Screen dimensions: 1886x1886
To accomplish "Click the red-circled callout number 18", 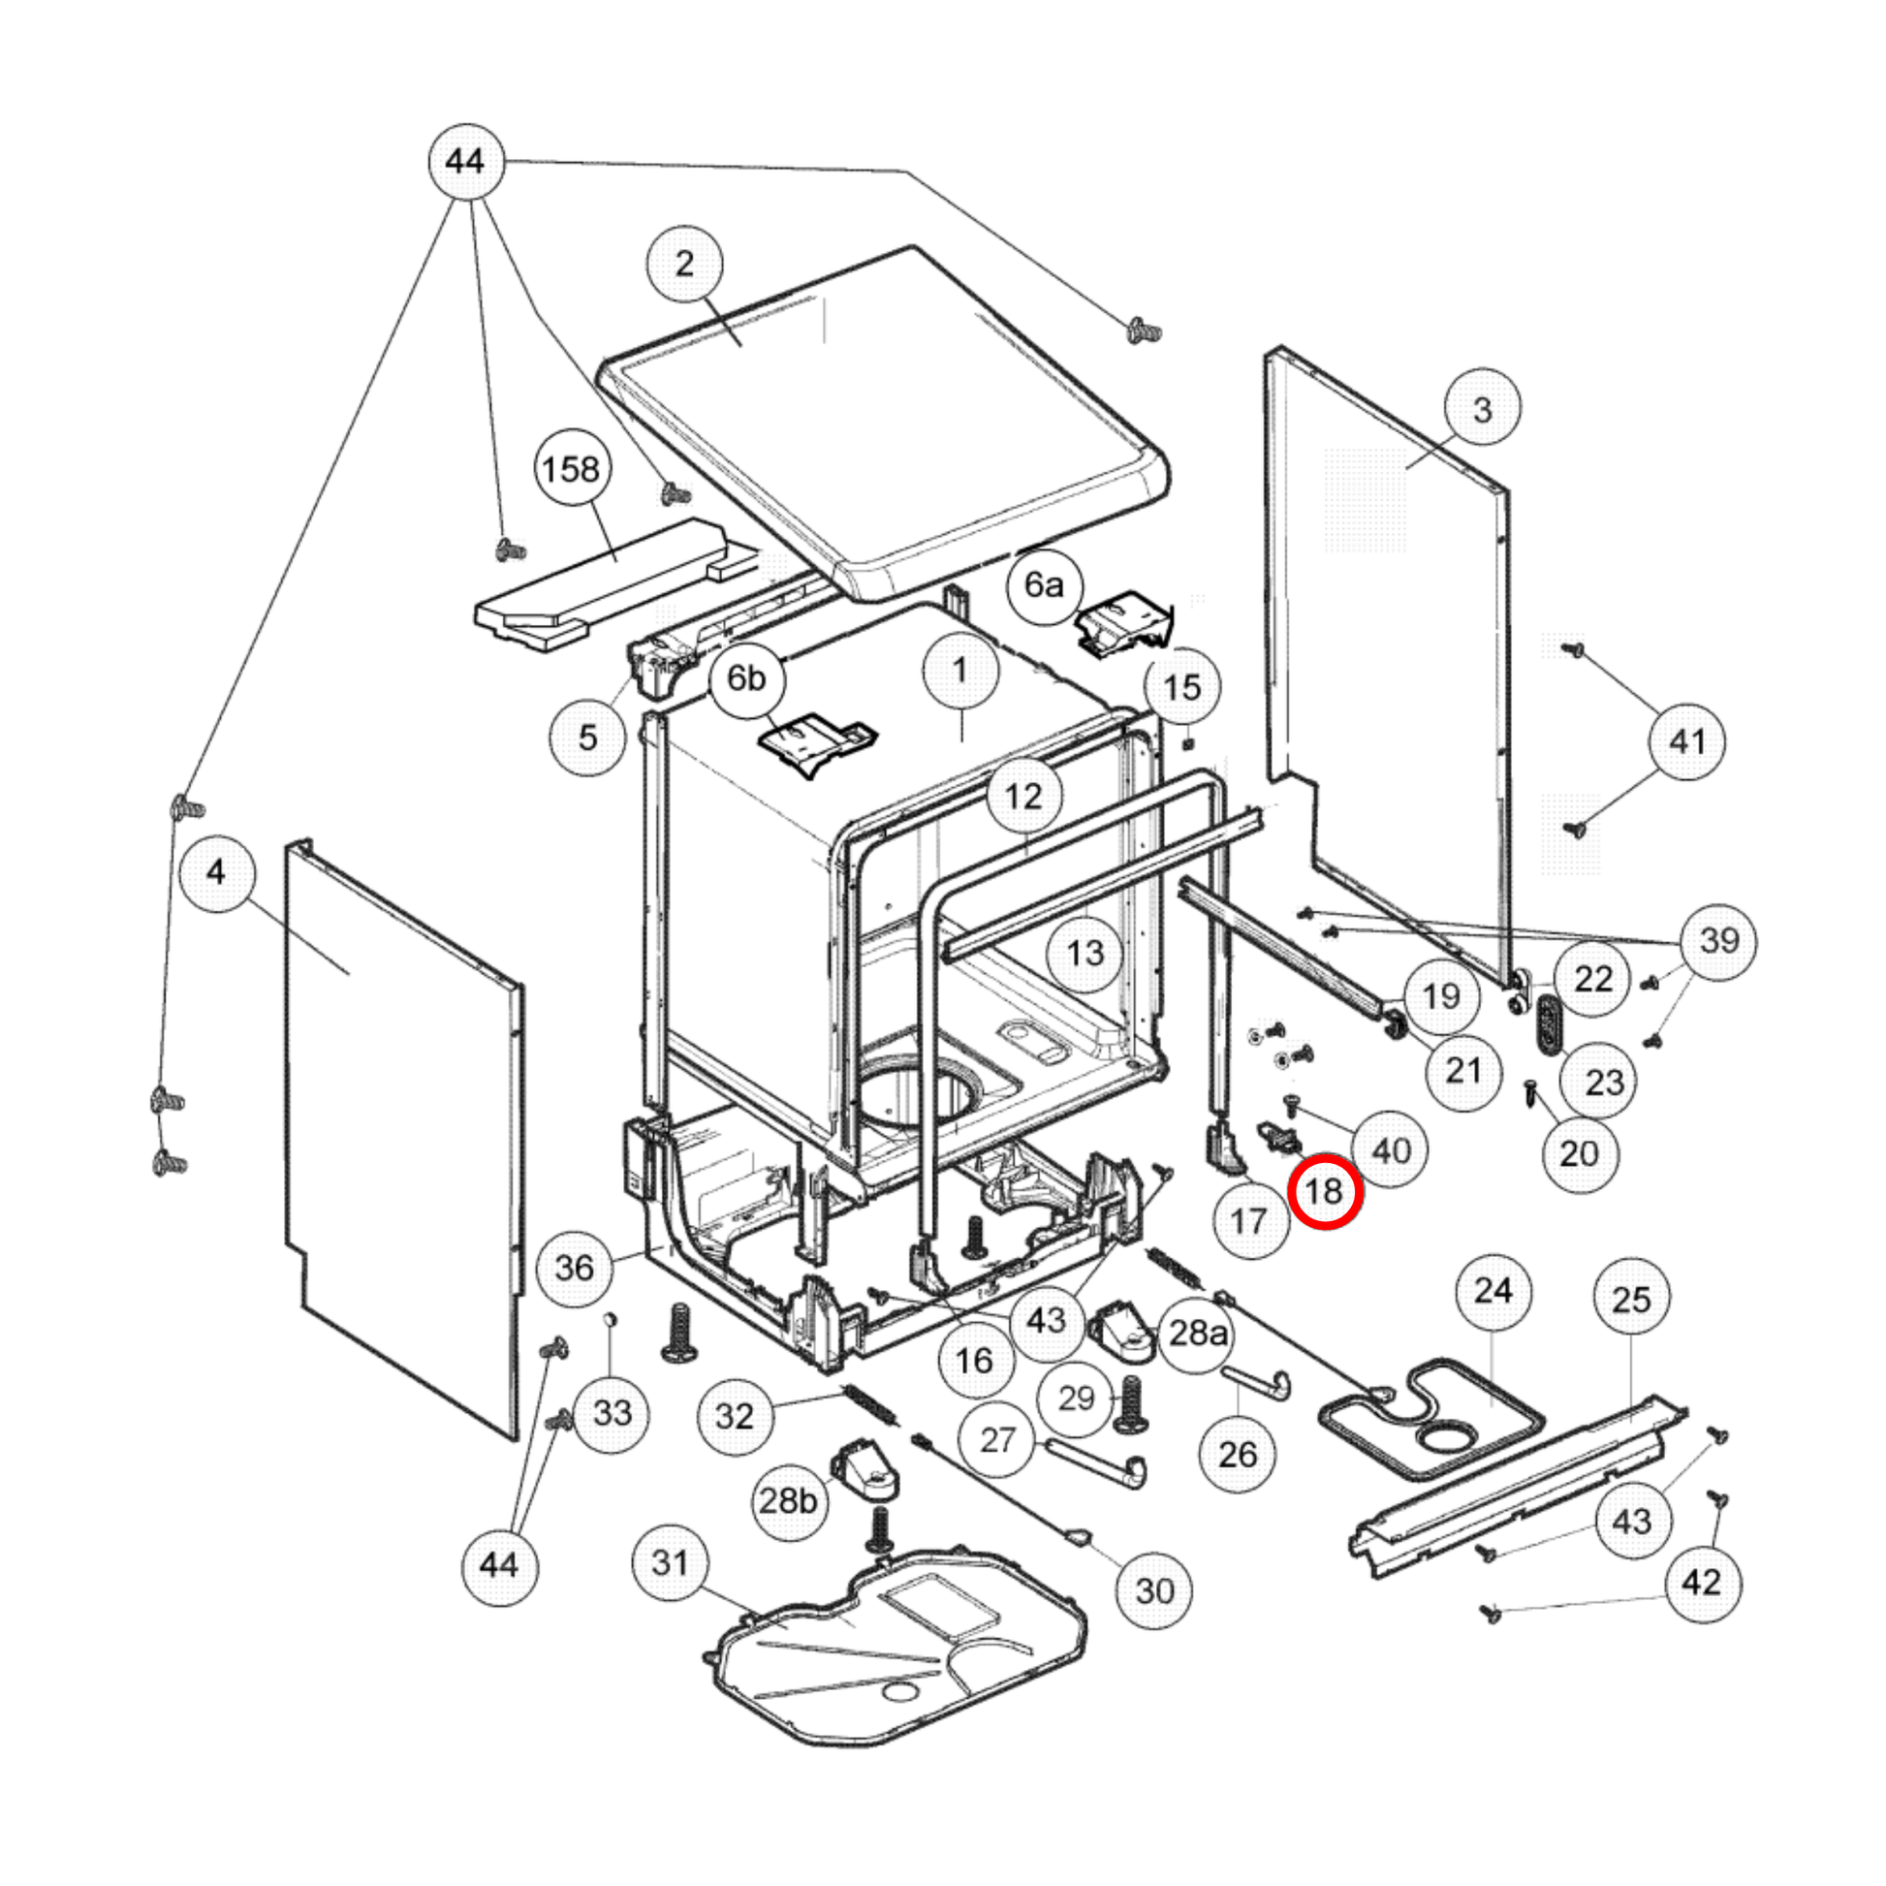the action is [x=1325, y=1191].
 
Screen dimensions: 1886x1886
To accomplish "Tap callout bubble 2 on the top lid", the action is [x=684, y=264].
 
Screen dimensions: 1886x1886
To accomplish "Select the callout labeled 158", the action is [x=571, y=469].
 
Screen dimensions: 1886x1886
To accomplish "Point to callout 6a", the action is [x=1044, y=584].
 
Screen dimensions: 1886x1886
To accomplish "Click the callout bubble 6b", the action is [x=747, y=677].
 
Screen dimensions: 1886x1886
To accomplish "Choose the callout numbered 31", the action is [x=671, y=1563].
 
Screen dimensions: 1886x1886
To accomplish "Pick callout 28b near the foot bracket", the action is [x=788, y=1500].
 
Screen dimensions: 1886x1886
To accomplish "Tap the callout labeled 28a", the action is [x=1198, y=1333].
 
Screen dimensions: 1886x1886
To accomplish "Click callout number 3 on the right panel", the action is [x=1482, y=408].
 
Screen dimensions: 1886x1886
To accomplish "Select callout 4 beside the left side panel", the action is [x=217, y=872].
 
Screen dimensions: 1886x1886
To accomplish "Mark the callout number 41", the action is [x=1687, y=742].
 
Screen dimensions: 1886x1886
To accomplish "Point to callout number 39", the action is [x=1719, y=940].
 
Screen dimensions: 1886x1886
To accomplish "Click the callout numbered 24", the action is [x=1493, y=1292].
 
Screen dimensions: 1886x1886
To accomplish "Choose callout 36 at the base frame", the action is [x=574, y=1268].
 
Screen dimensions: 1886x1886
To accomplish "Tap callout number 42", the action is [x=1702, y=1583].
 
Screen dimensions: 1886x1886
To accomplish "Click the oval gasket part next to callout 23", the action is [x=1548, y=1025].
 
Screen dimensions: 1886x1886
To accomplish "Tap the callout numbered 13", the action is [x=1085, y=953].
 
